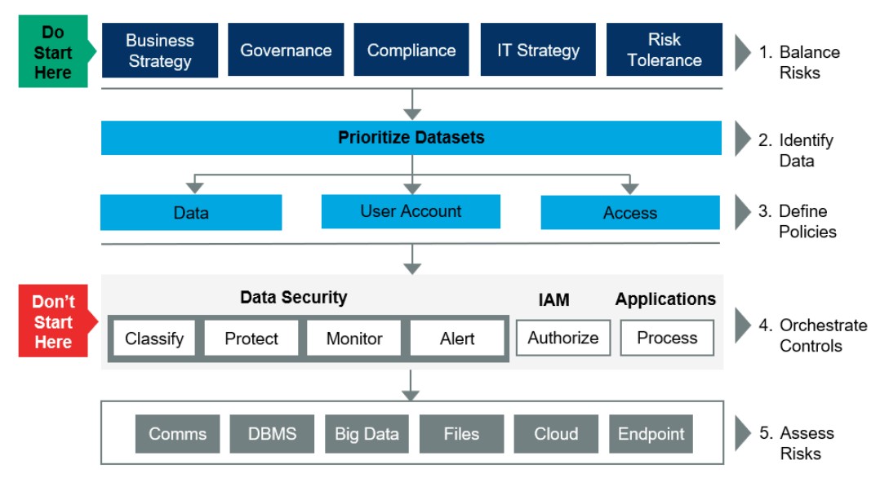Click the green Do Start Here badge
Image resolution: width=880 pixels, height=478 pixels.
tap(53, 51)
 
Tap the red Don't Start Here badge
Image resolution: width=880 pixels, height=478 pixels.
tap(54, 321)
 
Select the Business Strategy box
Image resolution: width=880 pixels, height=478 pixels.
tap(160, 51)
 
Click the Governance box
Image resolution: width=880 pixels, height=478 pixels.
tap(286, 50)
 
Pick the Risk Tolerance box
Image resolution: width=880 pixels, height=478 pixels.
tap(664, 50)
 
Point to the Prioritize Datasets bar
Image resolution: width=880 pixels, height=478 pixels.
tap(411, 138)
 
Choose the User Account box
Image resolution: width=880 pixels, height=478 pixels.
tap(411, 211)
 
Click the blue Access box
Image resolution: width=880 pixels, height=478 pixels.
tap(630, 213)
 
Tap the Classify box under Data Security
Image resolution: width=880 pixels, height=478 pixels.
tap(154, 339)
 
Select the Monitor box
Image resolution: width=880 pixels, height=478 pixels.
tap(354, 339)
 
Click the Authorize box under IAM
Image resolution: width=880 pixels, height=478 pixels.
tap(563, 338)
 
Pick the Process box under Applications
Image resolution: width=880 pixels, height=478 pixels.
tap(667, 338)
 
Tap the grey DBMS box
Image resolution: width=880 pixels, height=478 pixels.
tap(272, 434)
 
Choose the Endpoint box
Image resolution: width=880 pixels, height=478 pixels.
tap(651, 434)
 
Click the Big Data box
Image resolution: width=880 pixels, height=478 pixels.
tap(367, 434)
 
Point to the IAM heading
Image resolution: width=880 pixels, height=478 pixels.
tap(554, 300)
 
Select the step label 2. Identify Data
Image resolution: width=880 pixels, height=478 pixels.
tap(796, 150)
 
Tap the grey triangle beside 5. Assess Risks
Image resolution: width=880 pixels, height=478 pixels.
tap(743, 433)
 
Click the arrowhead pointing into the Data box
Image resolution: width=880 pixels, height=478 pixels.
tap(195, 188)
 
